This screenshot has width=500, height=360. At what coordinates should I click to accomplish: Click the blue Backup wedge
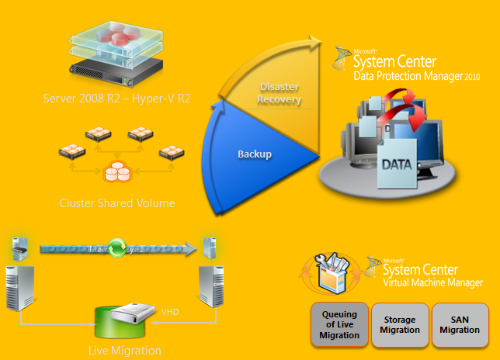252,155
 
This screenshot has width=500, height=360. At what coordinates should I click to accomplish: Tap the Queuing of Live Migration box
339,324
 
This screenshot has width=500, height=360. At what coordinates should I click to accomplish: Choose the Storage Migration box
398,324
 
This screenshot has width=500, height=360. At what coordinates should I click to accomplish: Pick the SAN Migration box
454,324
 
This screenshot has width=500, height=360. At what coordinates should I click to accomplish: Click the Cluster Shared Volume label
117,203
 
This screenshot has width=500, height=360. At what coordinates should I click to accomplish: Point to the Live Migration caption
125,351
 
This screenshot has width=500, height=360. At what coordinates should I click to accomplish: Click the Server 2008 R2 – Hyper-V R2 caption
117,99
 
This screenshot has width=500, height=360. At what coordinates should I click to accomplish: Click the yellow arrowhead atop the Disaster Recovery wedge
312,43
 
